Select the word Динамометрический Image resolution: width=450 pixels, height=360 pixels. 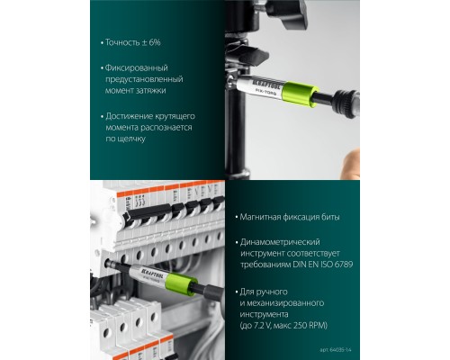[283, 243]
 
